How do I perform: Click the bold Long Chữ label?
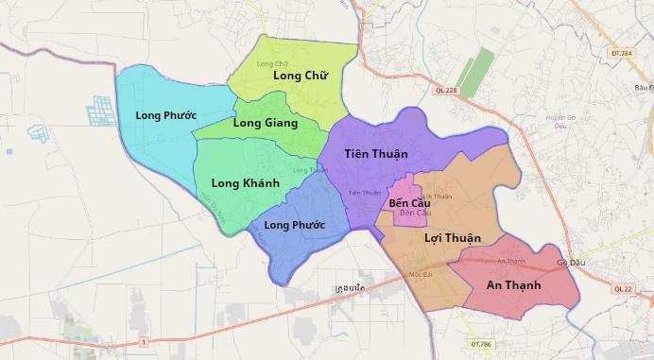[x=300, y=76]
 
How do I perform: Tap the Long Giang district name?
[x=265, y=123]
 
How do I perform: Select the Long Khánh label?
[x=245, y=183]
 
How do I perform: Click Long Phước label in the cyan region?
[x=165, y=115]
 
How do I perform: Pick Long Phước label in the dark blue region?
[x=294, y=225]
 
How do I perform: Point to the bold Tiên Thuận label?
[x=376, y=153]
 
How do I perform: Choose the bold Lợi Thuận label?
[x=453, y=237]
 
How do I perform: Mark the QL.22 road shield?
[x=622, y=290]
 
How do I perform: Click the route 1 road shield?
[x=143, y=340]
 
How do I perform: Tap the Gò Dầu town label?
[x=571, y=263]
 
